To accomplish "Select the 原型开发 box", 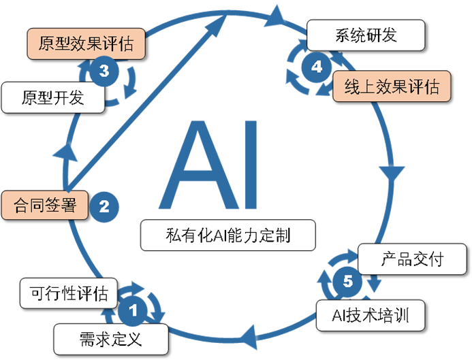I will (x=52, y=98).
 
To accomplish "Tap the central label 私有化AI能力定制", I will (x=227, y=235).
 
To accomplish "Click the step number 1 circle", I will (x=133, y=310).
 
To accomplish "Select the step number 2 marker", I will (x=104, y=206).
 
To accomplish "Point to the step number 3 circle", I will (x=104, y=70).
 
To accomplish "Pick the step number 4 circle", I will (x=316, y=67).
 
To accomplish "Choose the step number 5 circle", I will (x=348, y=280).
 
